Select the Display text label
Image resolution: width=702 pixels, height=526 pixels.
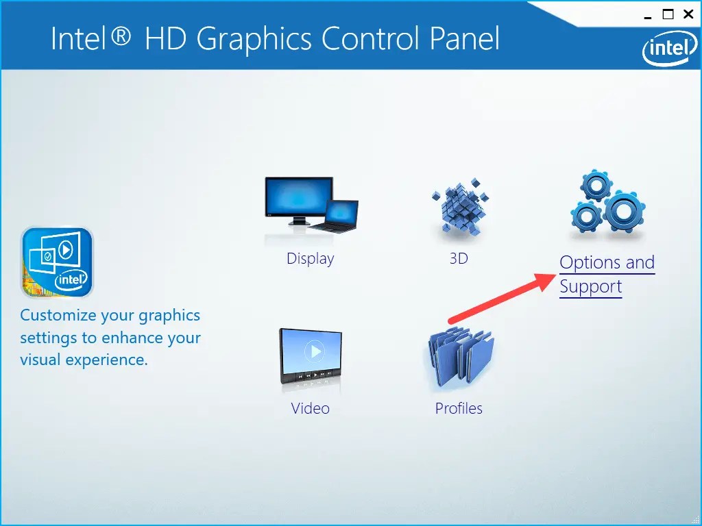coord(311,259)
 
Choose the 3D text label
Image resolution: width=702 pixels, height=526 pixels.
coord(459,259)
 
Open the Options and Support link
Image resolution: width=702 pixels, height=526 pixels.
coord(607,274)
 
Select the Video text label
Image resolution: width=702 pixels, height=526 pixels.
coord(311,409)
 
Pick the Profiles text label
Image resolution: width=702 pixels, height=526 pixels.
coord(459,409)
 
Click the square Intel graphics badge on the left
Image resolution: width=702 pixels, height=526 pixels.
coord(57,262)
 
